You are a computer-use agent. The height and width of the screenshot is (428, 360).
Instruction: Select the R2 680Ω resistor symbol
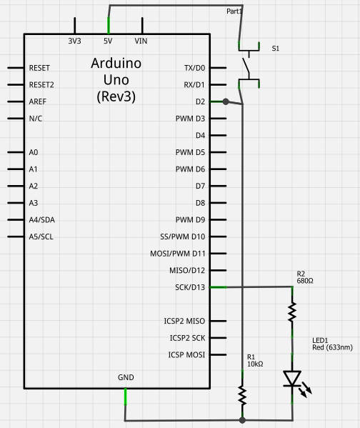[x=292, y=312]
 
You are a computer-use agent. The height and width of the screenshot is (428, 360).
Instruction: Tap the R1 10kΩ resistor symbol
[x=243, y=394]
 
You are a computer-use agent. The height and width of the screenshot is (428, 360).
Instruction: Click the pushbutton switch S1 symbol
[x=249, y=68]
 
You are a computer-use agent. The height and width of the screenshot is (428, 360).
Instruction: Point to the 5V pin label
[x=109, y=41]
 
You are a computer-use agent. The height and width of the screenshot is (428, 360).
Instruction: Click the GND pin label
[x=126, y=377]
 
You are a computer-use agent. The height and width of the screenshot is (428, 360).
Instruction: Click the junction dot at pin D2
[x=226, y=101]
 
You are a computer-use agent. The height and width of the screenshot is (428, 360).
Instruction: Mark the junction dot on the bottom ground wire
[x=243, y=419]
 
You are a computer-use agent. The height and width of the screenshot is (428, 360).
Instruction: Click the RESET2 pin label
[x=41, y=84]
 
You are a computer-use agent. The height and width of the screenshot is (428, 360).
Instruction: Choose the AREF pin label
[x=38, y=101]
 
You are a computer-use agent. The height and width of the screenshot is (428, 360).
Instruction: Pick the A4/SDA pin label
[x=43, y=219]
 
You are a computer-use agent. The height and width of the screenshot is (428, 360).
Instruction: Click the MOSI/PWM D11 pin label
[x=179, y=253]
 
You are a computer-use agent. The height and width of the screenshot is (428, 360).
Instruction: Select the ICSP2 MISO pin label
[x=185, y=321]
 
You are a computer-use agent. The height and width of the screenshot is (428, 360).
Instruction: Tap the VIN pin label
[x=141, y=41]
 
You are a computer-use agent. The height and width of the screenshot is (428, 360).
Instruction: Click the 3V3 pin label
[x=74, y=41]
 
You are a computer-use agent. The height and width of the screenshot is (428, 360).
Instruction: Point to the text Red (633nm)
[x=332, y=347]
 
